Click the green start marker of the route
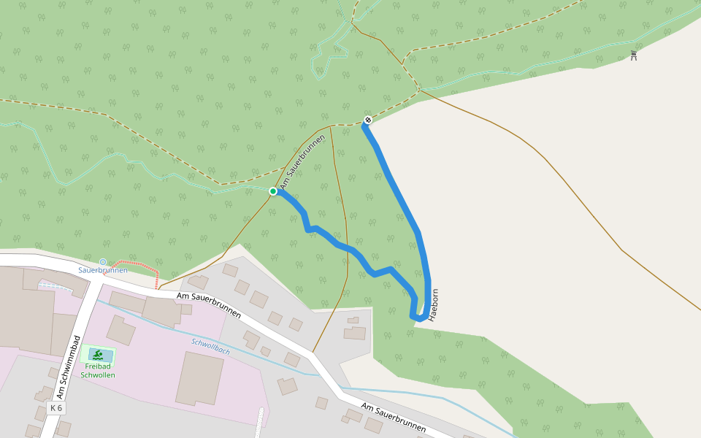[x=273, y=191]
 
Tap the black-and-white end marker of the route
[x=368, y=120]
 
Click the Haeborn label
[x=434, y=305]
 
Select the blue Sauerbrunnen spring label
[x=103, y=270]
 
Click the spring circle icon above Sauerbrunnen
[x=103, y=261]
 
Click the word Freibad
[x=98, y=366]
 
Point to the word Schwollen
[x=98, y=375]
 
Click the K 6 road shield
[x=56, y=407]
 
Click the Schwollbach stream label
[x=211, y=346]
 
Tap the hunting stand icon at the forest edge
[x=634, y=55]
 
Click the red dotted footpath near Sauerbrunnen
[x=139, y=262]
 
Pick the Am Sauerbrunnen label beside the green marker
[x=302, y=162]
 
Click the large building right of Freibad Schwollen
[x=199, y=377]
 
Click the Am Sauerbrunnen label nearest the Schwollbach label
[x=209, y=304]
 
